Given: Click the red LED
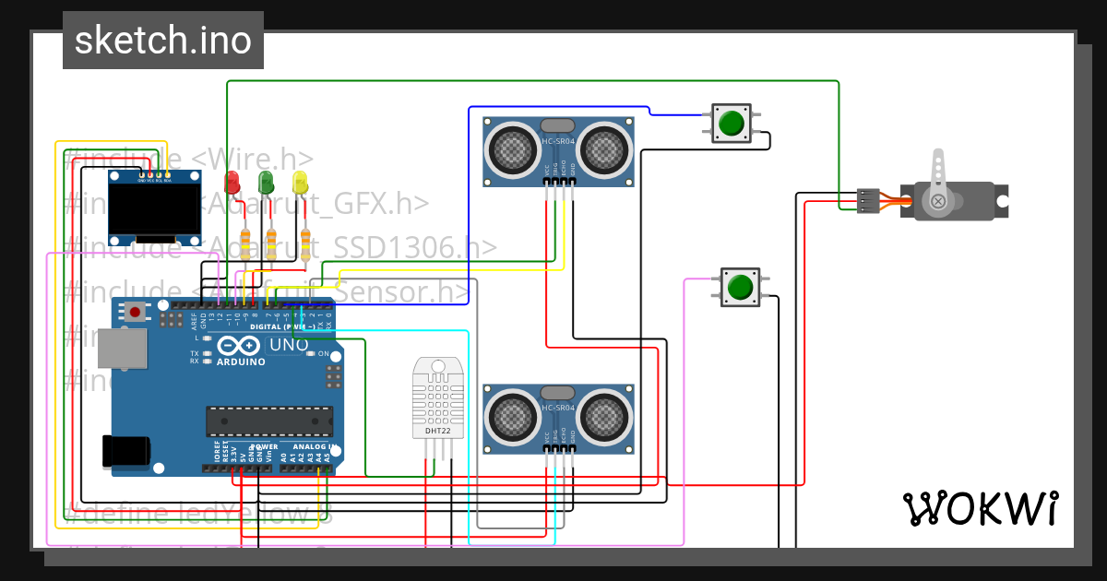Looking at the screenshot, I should pyautogui.click(x=232, y=181).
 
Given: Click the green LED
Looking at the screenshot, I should pyautogui.click(x=266, y=181).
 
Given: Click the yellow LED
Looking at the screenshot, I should pyautogui.click(x=300, y=181).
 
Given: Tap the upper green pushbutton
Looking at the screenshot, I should pyautogui.click(x=732, y=124).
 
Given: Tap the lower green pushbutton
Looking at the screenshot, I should pyautogui.click(x=740, y=288).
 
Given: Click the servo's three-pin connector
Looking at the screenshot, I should pyautogui.click(x=868, y=200).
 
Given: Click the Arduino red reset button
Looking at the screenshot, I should pyautogui.click(x=136, y=312).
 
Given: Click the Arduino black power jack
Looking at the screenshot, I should pyautogui.click(x=126, y=450).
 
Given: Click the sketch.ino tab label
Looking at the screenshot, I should pyautogui.click(x=162, y=41).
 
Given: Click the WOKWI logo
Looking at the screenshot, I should pyautogui.click(x=980, y=508).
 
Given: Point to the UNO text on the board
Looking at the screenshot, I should pyautogui.click(x=288, y=345).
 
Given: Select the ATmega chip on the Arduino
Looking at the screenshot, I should pyautogui.click(x=268, y=421).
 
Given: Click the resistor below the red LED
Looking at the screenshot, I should pyautogui.click(x=245, y=243).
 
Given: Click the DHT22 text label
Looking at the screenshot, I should pyautogui.click(x=437, y=431).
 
